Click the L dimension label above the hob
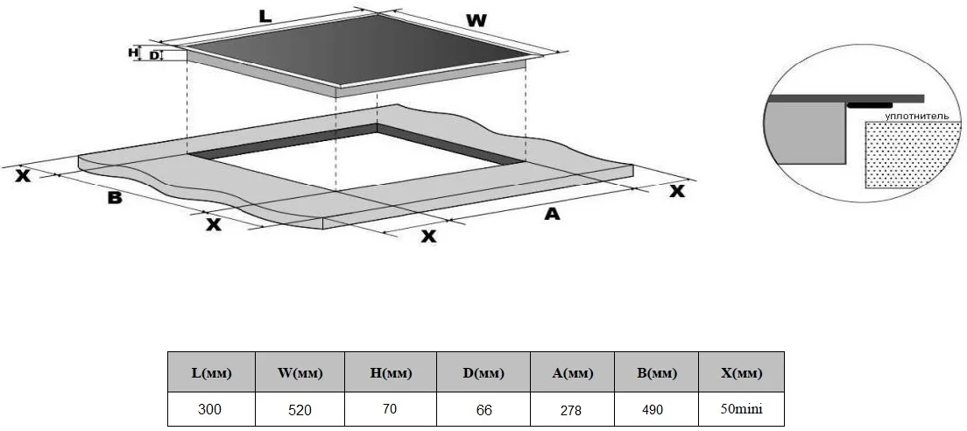[x=265, y=18]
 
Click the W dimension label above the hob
[x=476, y=20]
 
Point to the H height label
[x=132, y=53]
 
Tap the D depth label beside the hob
[x=154, y=56]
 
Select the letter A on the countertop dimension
[x=552, y=214]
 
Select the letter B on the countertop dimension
[x=115, y=198]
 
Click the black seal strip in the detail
[x=869, y=105]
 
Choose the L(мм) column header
[x=212, y=372]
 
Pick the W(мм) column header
[x=300, y=372]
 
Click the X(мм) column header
[x=741, y=372]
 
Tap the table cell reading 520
[x=300, y=409]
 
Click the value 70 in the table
[x=391, y=409]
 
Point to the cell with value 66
[x=483, y=409]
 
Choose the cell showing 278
[x=572, y=409]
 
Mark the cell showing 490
[x=656, y=409]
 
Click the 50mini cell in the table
[x=741, y=409]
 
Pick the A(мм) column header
[x=572, y=372]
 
